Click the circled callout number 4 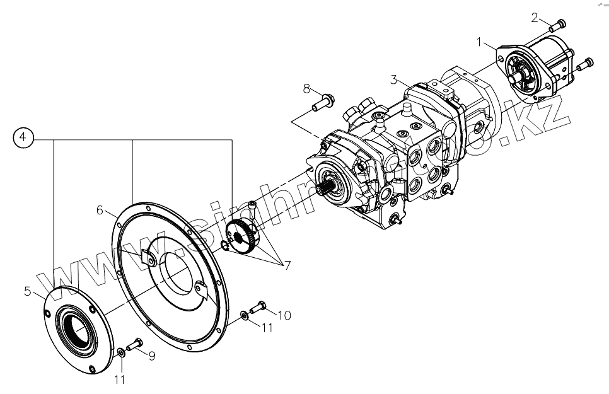pyautogui.click(x=23, y=137)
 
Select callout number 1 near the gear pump pyautogui.click(x=480, y=43)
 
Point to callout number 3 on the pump pyautogui.click(x=394, y=79)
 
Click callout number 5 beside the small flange pyautogui.click(x=27, y=291)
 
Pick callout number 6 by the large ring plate pyautogui.click(x=100, y=211)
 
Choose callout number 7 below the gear pyautogui.click(x=287, y=265)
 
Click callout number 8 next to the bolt pyautogui.click(x=306, y=87)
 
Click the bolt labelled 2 pyautogui.click(x=557, y=26)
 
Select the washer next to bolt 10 pyautogui.click(x=244, y=314)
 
